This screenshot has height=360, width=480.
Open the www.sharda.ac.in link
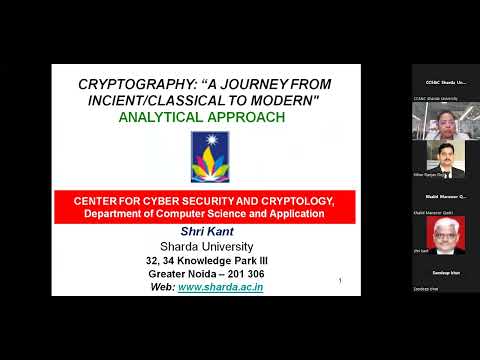[220, 287]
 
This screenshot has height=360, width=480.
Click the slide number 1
[342, 281]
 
